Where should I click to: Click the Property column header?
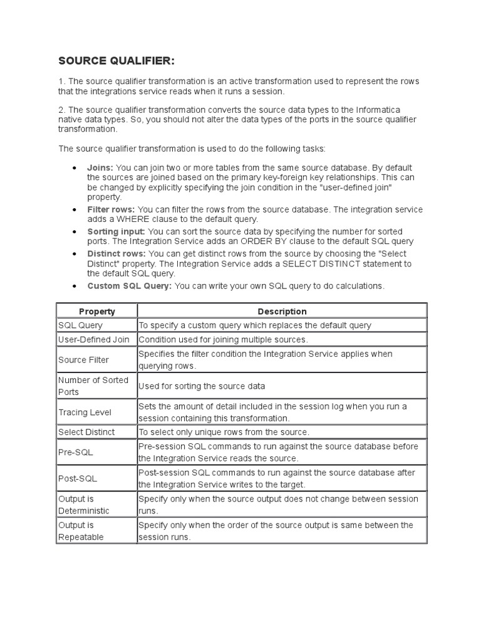tap(97, 311)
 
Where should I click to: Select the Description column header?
tap(282, 311)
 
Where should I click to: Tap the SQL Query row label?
tap(80, 325)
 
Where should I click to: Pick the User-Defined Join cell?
tap(93, 339)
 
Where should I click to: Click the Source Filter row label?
tap(83, 360)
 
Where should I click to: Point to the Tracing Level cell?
tap(85, 412)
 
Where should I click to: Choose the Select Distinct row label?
tap(86, 432)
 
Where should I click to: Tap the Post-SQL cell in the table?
tap(77, 478)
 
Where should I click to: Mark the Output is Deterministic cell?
tap(83, 505)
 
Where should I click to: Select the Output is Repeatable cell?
tap(81, 531)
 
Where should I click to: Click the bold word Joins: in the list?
tap(100, 168)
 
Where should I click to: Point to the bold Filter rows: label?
tap(111, 209)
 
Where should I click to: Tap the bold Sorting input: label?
tap(116, 232)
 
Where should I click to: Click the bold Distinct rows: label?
tap(116, 253)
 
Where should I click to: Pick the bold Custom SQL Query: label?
tap(129, 286)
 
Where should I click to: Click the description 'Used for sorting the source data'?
tap(201, 386)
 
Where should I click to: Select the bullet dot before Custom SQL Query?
tap(75, 287)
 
